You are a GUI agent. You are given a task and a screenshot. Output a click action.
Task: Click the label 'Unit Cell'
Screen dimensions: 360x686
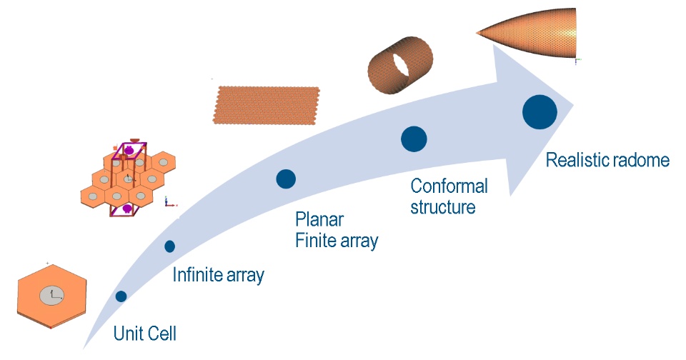(x=144, y=334)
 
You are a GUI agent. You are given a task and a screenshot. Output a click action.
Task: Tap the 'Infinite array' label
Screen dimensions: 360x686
(x=219, y=274)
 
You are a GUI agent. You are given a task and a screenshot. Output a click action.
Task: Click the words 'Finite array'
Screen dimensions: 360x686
(x=337, y=240)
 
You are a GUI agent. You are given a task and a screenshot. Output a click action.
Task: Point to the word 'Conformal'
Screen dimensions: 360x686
(x=449, y=187)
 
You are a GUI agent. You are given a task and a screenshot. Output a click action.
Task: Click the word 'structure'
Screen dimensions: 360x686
(x=443, y=209)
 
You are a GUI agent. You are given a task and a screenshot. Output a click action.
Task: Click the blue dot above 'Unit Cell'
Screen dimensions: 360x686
(x=121, y=296)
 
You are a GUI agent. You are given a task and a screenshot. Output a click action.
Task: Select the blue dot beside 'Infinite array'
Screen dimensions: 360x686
(x=169, y=246)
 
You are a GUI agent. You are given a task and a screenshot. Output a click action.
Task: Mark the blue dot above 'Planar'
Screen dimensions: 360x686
(x=286, y=179)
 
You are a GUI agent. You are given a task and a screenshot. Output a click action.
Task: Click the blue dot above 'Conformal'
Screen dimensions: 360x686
(x=414, y=139)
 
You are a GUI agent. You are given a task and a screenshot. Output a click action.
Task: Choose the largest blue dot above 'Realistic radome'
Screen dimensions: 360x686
(x=540, y=112)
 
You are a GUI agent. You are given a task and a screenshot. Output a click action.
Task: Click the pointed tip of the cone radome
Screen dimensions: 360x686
(x=477, y=31)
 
